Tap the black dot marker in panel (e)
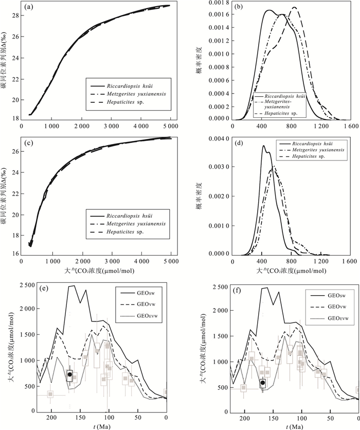pyautogui.click(x=70, y=374)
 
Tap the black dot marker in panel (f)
pyautogui.click(x=262, y=382)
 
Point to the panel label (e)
pyautogui.click(x=44, y=288)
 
